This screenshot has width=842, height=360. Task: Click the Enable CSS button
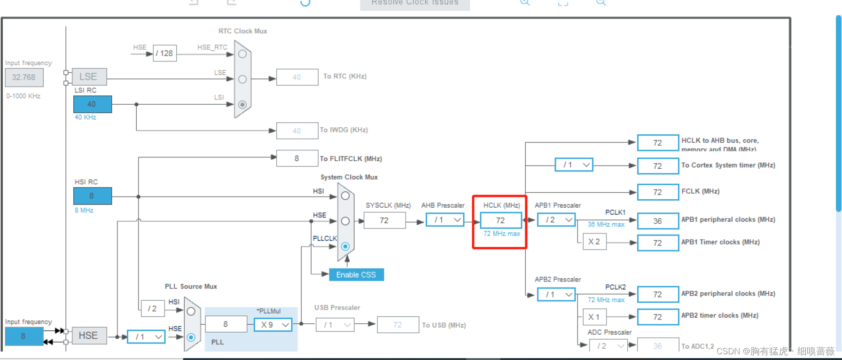(356, 275)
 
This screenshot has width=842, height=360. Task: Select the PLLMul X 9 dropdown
(273, 325)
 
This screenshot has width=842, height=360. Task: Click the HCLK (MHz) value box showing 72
(500, 220)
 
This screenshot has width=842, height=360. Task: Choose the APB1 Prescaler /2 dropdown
(557, 220)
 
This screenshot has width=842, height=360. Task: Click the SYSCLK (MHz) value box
(384, 220)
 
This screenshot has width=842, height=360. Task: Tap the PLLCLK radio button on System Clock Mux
(345, 246)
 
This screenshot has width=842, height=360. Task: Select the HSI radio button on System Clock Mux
(345, 196)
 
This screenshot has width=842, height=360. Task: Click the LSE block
(89, 77)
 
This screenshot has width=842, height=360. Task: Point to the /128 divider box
(164, 54)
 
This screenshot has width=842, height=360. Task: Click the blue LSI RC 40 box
(93, 104)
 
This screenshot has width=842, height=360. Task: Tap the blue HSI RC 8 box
(93, 196)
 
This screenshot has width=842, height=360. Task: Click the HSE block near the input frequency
(89, 336)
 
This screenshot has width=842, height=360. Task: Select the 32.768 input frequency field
(24, 78)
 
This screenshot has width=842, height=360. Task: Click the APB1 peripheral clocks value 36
(657, 221)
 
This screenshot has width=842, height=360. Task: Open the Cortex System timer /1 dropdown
(574, 165)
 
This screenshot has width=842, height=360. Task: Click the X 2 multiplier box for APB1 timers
(594, 242)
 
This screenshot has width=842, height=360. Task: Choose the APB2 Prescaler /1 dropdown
(557, 295)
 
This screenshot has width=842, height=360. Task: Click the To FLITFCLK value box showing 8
(297, 158)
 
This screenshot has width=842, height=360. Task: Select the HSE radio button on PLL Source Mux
(191, 337)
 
